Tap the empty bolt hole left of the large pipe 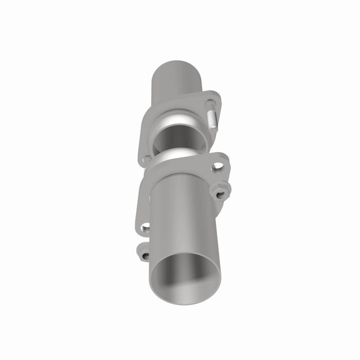(146, 226)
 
